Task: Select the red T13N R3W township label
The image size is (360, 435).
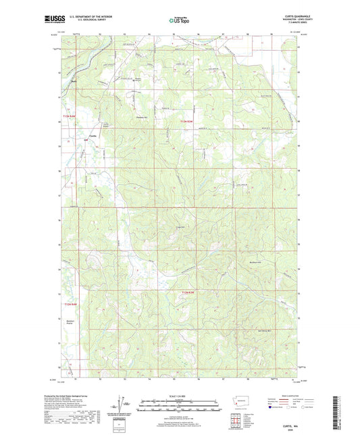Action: (187, 120)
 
